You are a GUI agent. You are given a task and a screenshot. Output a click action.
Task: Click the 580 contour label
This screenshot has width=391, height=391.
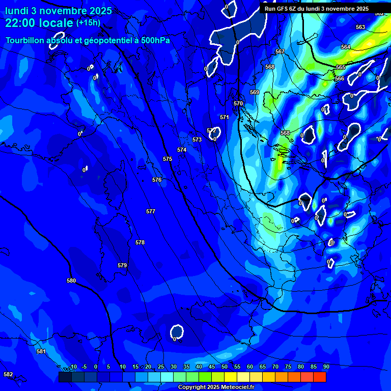[x=71, y=281]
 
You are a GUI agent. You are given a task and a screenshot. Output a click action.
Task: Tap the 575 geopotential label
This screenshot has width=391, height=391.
[x=167, y=159]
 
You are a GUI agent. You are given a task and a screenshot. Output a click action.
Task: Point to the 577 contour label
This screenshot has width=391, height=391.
[x=151, y=211]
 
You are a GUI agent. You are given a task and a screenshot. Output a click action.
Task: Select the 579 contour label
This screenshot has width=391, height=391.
[x=122, y=265]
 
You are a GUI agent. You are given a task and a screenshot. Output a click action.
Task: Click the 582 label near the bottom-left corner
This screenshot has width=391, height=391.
[x=8, y=374]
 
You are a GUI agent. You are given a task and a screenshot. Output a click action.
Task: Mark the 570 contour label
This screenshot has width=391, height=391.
[x=238, y=103]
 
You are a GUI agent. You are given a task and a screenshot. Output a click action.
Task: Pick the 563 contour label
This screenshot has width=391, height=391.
[x=360, y=27]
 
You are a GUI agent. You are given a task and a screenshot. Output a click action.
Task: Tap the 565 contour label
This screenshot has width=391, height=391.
[x=341, y=67]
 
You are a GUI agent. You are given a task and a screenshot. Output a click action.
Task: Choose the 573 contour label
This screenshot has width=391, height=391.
[x=197, y=139]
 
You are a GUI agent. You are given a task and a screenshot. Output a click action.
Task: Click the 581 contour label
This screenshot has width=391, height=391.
[x=41, y=351]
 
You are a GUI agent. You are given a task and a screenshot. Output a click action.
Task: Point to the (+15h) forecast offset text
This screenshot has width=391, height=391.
[x=88, y=22]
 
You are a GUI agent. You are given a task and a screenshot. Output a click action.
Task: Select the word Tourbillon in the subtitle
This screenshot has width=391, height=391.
[x=25, y=40]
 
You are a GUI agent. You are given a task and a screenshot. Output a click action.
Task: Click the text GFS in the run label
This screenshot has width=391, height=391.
[x=284, y=9]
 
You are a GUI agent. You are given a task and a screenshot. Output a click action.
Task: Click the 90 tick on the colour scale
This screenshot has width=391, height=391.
[x=326, y=367]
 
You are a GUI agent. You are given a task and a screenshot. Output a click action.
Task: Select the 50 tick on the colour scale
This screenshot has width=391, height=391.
[x=225, y=367]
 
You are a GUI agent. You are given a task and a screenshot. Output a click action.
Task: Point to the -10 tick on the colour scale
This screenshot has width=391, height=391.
[x=73, y=367]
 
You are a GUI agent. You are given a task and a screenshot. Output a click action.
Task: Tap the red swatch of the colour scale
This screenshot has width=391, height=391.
[x=320, y=377]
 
